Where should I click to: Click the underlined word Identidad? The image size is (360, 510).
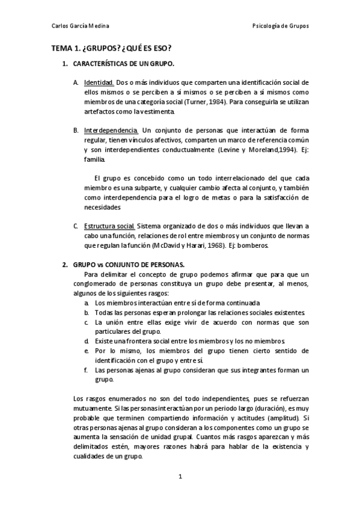click(99, 82)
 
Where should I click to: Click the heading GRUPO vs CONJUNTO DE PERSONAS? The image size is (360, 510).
click(120, 264)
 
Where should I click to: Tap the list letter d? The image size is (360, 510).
click(87, 340)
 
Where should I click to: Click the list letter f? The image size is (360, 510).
click(87, 369)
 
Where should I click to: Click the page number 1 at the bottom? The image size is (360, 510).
click(180, 477)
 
